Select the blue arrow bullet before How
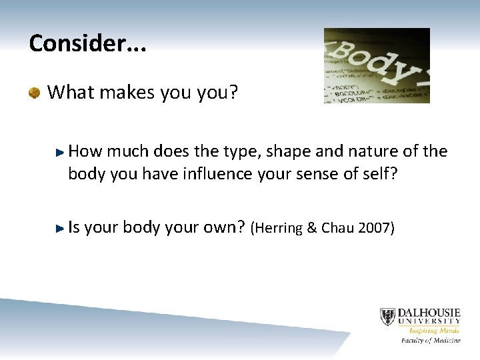61,153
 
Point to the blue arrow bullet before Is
61,228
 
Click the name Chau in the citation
336,229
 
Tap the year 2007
374,229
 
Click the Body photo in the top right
377,65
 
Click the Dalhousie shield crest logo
387,317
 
